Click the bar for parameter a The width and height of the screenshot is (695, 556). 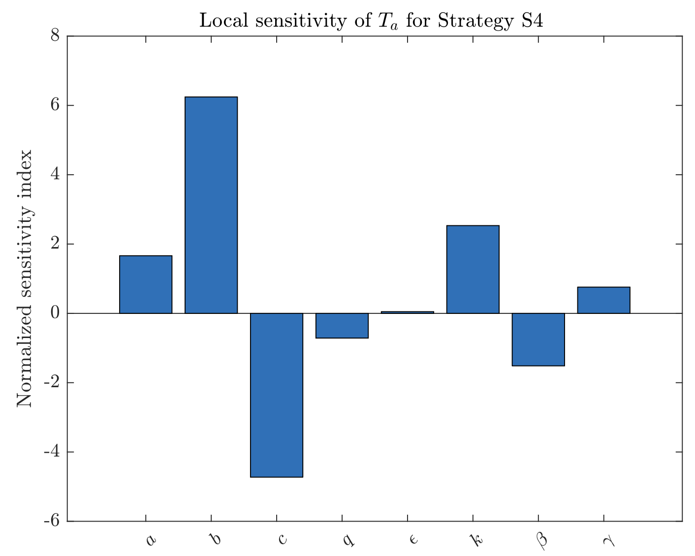pos(146,284)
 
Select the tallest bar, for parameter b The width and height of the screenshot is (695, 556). pos(211,205)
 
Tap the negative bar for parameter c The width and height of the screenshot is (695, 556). pos(277,395)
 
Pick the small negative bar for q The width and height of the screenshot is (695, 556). pos(342,326)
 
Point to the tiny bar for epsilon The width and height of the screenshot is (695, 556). pos(408,312)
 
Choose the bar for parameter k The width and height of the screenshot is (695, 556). pos(473,269)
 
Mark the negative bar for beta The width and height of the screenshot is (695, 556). pos(538,340)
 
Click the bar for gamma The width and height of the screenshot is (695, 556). pos(604,300)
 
